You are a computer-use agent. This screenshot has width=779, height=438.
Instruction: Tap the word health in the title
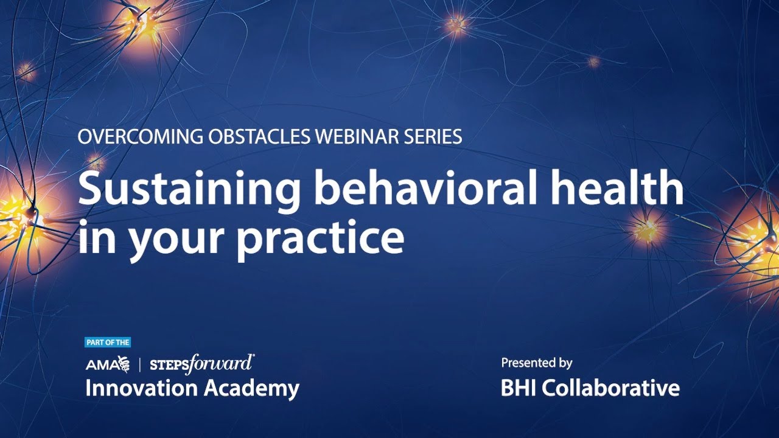click(x=617, y=189)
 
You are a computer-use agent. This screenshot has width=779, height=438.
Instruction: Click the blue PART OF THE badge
click(x=108, y=342)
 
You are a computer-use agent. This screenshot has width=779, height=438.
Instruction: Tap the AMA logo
click(x=108, y=364)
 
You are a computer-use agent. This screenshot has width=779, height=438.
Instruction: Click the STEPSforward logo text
click(x=201, y=364)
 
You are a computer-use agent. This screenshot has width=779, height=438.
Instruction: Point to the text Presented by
click(x=536, y=363)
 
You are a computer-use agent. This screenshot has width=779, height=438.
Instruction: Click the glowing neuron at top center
click(x=456, y=25)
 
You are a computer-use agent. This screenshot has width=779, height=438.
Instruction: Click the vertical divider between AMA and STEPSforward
click(x=141, y=364)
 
